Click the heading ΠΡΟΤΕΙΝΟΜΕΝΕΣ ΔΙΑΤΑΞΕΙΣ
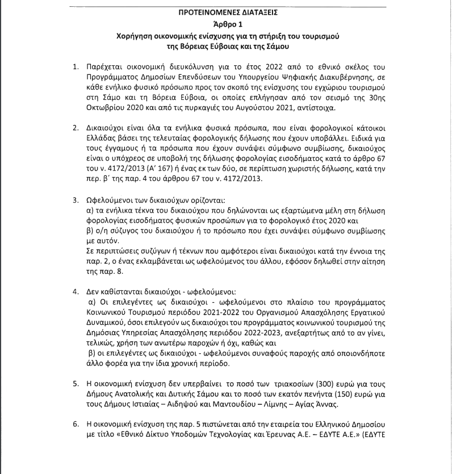225,11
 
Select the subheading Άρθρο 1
225,24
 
